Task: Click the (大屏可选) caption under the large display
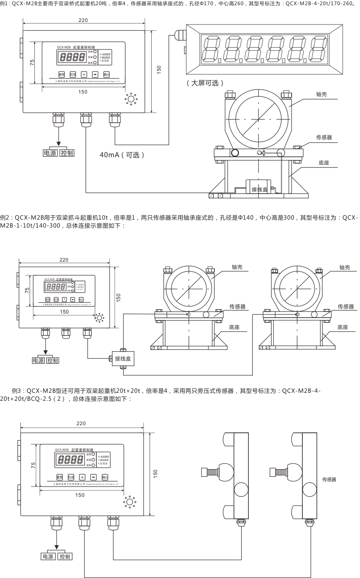[205, 83]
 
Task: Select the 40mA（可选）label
[122, 155]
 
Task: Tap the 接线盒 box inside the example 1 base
[259, 189]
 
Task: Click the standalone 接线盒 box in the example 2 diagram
[123, 358]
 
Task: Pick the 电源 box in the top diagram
[50, 153]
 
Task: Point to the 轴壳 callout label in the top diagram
[322, 94]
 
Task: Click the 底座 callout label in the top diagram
[324, 163]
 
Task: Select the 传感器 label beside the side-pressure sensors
[329, 479]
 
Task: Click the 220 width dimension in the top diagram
[83, 20]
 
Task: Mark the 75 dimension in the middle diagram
[27, 291]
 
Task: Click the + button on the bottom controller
[82, 477]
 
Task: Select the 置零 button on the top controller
[62, 74]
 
